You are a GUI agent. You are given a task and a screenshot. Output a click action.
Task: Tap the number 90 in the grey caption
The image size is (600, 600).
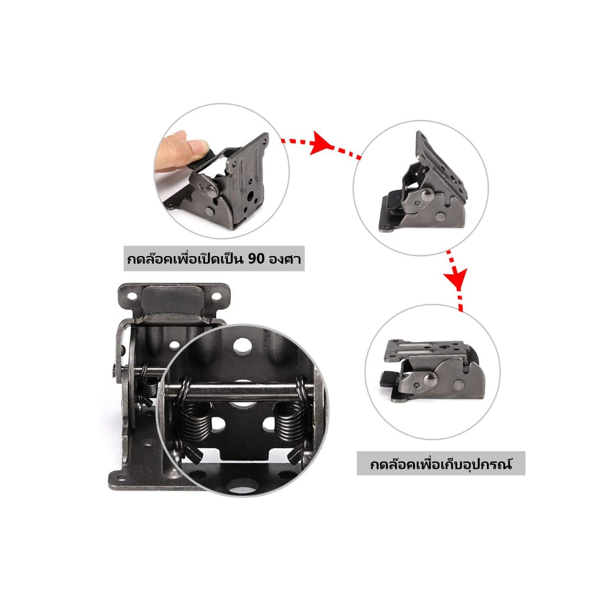click(x=257, y=259)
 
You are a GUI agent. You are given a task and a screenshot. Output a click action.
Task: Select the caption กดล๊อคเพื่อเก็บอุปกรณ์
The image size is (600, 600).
click(x=441, y=464)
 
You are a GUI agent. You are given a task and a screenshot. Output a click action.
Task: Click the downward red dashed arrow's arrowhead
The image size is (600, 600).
click(x=456, y=277)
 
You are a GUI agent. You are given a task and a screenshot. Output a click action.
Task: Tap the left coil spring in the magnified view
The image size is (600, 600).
click(x=196, y=420)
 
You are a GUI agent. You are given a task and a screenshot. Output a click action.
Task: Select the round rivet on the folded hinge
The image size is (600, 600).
click(x=427, y=380)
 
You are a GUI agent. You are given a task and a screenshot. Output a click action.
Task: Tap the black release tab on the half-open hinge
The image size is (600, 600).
click(x=394, y=200)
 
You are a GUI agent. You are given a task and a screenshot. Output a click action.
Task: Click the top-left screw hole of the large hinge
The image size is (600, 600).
click(x=132, y=296)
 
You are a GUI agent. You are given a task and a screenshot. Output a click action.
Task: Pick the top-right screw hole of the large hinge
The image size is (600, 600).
click(x=216, y=296)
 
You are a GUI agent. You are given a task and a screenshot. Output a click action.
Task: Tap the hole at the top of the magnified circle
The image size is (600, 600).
click(x=243, y=345)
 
